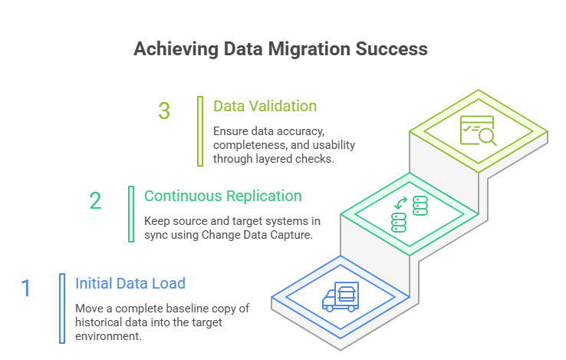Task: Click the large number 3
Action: tap(164, 111)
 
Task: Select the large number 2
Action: tap(95, 201)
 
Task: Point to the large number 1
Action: tap(26, 289)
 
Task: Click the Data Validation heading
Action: tap(265, 106)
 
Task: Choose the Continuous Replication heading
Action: tap(222, 196)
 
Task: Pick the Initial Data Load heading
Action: tap(130, 283)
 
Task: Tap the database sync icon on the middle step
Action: tap(410, 214)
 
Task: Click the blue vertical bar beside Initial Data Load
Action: tap(61, 307)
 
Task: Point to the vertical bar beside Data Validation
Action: tap(199, 130)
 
